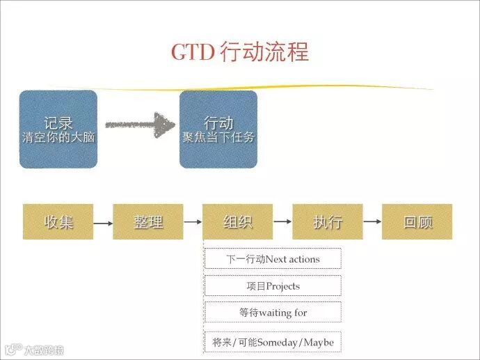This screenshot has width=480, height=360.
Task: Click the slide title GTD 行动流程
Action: pos(240,53)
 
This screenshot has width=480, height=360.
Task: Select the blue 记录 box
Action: pos(58,129)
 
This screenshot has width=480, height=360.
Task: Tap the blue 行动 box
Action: pos(218,129)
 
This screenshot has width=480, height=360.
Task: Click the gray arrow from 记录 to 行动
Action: pos(139,125)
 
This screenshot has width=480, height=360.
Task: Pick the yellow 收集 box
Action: pos(58,222)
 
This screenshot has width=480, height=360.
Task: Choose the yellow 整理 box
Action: pos(148,222)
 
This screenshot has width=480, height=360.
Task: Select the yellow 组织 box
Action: pos(238,222)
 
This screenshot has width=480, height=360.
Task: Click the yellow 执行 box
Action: pos(328,222)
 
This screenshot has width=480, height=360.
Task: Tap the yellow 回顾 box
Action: pos(417,222)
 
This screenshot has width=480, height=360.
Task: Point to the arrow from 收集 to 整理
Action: pos(103,223)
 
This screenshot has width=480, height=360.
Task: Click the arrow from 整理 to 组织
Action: pos(193,222)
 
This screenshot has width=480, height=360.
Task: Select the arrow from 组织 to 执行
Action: pos(282,222)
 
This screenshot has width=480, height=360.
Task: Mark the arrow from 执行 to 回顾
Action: pos(372,222)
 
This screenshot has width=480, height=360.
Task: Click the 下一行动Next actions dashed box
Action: pos(273,259)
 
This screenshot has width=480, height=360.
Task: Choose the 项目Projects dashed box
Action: pos(273,286)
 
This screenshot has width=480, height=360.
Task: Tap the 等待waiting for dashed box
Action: pos(273,313)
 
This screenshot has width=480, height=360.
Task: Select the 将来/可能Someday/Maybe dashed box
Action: pos(273,342)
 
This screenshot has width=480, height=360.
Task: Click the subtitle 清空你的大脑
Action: pos(58,138)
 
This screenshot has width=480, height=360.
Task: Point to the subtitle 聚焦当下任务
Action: pos(218,138)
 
